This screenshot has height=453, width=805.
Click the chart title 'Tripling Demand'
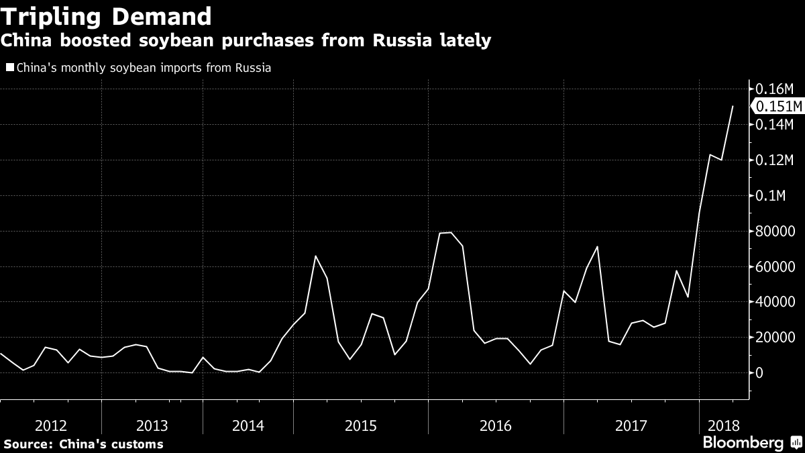tap(107, 15)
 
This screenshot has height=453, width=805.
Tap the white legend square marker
tap(9, 68)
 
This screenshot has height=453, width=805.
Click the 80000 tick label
tap(775, 232)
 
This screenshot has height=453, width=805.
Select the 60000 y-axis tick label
tap(775, 267)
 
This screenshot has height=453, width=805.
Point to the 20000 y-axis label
tap(775, 338)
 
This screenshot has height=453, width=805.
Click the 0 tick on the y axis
tap(760, 373)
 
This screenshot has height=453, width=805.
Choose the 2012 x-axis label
tap(50, 425)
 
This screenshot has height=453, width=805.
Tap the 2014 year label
tap(248, 425)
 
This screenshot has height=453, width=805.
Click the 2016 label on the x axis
tap(496, 425)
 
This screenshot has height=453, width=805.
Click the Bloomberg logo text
tap(743, 443)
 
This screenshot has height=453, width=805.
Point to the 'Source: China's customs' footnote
tap(83, 444)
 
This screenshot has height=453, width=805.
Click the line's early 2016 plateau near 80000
tap(445, 233)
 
